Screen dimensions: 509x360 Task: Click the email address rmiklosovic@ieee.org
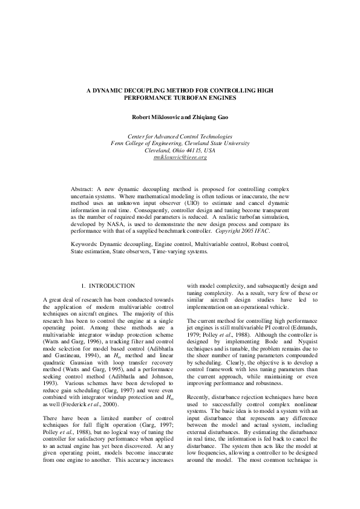coord(180,157)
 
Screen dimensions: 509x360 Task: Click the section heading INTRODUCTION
coord(112,285)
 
